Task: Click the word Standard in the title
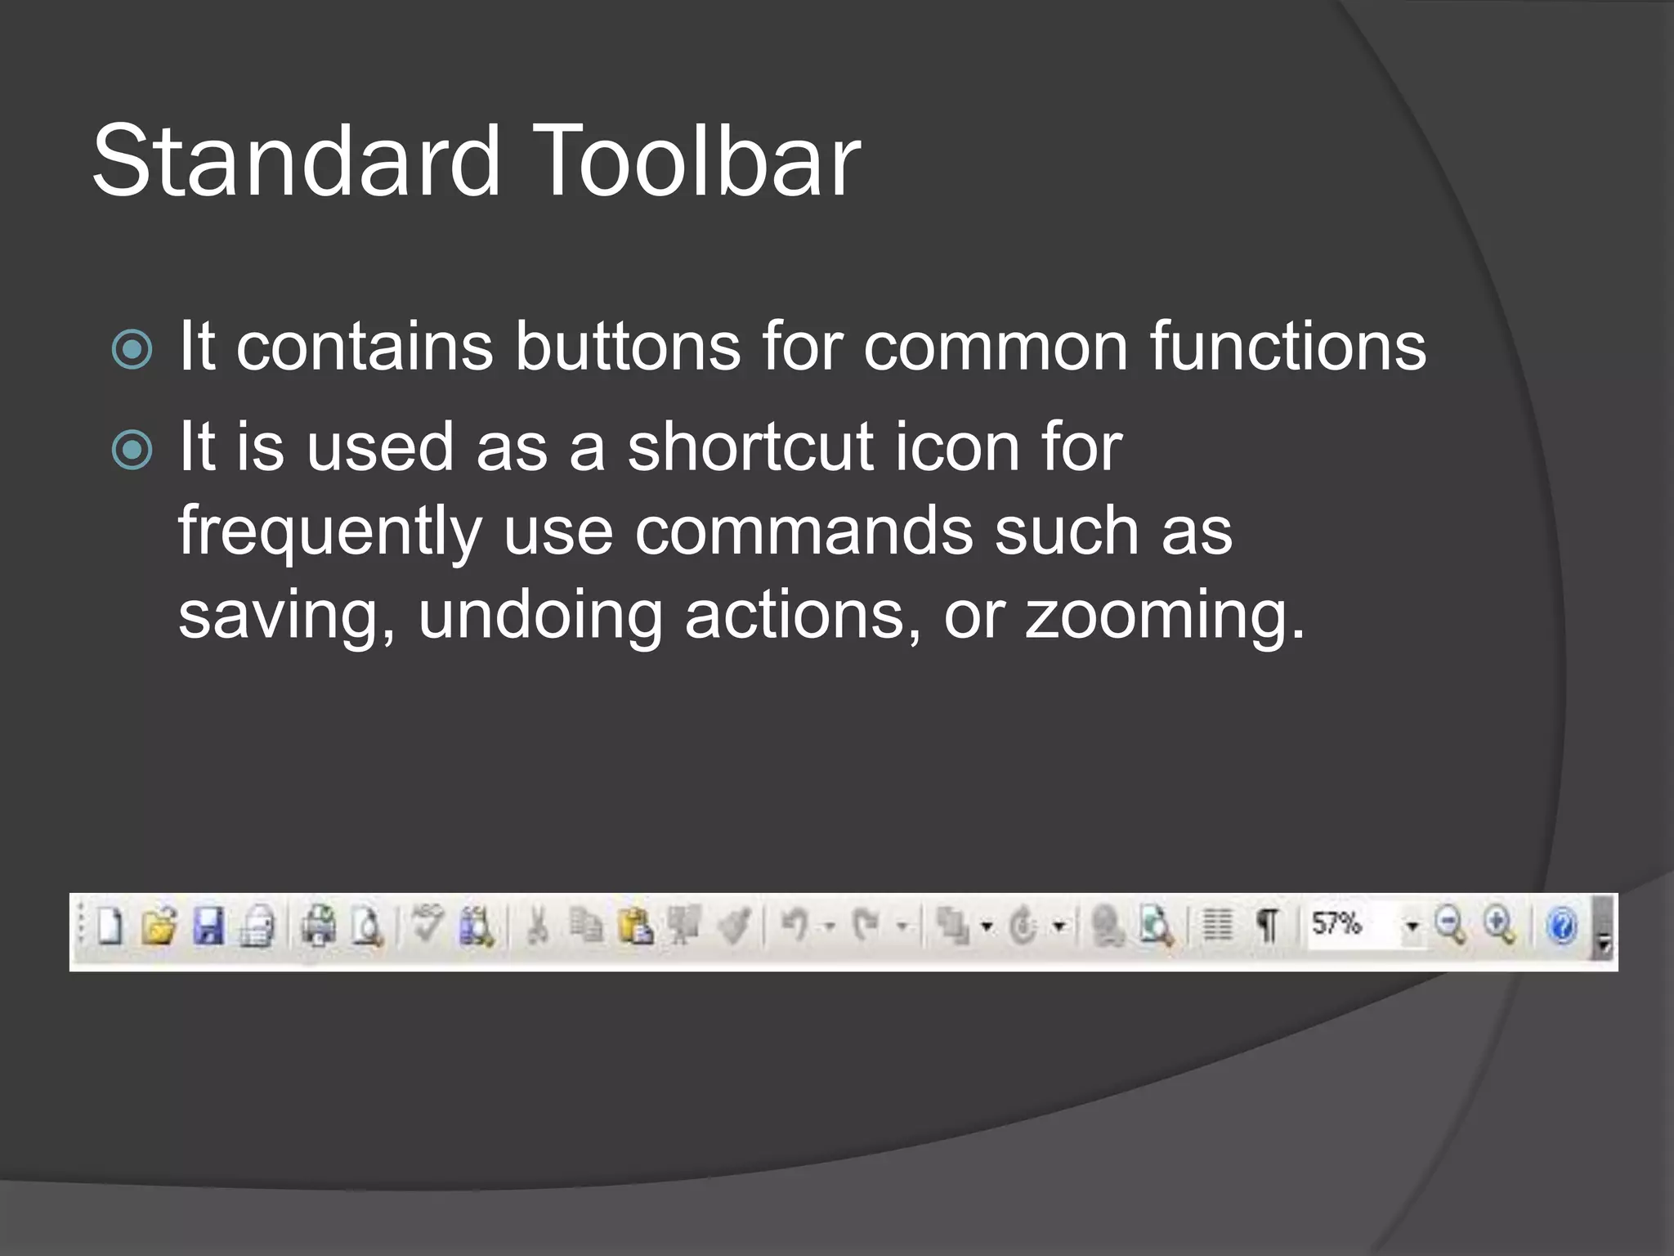(x=296, y=160)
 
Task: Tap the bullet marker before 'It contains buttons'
(x=132, y=349)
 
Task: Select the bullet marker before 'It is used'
(x=132, y=450)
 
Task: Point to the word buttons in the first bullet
(x=627, y=347)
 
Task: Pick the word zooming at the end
(x=1164, y=615)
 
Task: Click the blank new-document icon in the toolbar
(x=110, y=927)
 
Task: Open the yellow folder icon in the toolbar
(x=159, y=927)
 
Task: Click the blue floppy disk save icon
(x=208, y=927)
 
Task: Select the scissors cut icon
(x=537, y=927)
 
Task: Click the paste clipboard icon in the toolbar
(x=635, y=927)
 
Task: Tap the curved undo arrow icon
(x=794, y=926)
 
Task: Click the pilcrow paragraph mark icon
(x=1267, y=926)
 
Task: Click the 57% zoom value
(x=1336, y=925)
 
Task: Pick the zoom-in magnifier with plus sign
(x=1500, y=926)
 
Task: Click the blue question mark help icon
(x=1561, y=927)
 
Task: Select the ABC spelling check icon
(x=427, y=924)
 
